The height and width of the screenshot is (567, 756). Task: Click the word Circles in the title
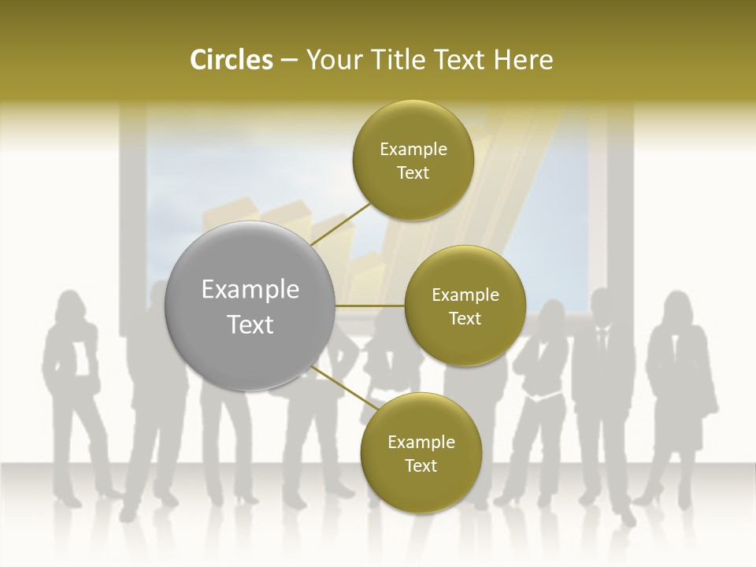tap(231, 60)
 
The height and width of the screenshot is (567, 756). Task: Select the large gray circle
tap(250, 306)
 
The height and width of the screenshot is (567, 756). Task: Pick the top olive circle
tap(413, 161)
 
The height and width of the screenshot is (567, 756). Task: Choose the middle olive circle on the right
tap(465, 306)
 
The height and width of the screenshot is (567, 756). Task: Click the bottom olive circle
tap(421, 454)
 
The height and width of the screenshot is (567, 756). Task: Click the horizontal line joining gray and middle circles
tap(369, 306)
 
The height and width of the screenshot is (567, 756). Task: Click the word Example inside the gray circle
tap(250, 290)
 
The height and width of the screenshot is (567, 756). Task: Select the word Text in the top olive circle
tap(413, 173)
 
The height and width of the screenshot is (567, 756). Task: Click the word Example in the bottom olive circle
tap(421, 442)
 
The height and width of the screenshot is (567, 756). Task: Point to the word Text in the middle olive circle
tap(465, 318)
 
